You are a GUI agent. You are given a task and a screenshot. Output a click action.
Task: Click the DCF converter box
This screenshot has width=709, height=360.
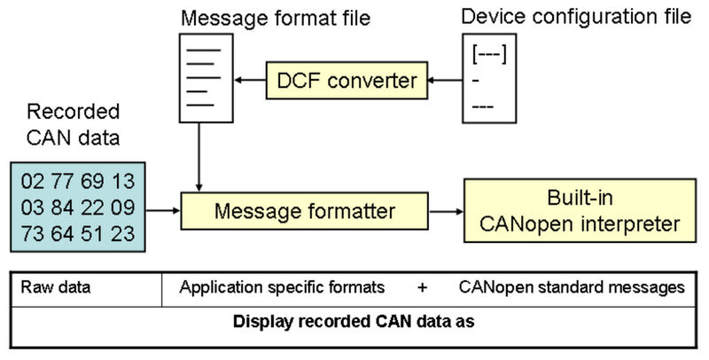point(347,81)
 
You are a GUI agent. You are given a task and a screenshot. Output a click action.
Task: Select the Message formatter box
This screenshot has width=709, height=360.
point(304,211)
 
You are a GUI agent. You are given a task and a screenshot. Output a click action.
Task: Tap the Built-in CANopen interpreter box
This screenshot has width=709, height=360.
point(580,211)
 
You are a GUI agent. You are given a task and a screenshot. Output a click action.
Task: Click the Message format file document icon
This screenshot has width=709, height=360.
point(206,78)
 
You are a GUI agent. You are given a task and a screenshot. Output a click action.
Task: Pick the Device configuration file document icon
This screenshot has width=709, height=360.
point(489,78)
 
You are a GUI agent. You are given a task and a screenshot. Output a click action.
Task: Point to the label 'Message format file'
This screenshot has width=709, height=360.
point(276,19)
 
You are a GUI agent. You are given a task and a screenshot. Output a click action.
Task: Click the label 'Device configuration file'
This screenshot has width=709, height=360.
point(576,17)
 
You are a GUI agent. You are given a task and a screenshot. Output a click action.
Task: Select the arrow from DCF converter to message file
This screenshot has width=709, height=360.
point(250,81)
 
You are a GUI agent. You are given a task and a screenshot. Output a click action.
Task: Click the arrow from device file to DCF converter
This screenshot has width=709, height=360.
point(445,81)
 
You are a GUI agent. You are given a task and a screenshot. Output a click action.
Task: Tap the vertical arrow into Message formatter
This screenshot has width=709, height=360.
point(199,157)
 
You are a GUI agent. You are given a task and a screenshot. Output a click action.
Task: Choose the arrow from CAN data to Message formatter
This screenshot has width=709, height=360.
point(163,211)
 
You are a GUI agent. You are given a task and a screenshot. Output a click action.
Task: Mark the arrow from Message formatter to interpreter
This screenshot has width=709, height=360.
point(447,211)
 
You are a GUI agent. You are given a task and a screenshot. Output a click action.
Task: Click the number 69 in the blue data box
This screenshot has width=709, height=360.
point(93,182)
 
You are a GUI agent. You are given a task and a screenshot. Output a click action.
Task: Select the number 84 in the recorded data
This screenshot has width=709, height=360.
point(62,207)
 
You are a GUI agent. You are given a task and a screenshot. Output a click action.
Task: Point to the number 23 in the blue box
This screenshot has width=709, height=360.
point(123,234)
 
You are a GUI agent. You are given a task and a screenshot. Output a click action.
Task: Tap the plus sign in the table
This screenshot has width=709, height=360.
point(422,287)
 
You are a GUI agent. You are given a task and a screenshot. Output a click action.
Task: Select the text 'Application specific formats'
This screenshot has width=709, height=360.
point(282,287)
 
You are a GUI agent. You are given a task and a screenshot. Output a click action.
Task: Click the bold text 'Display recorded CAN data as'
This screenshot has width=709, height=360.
point(354,322)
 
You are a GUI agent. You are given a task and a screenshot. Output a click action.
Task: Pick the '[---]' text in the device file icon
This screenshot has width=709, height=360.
point(489,54)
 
